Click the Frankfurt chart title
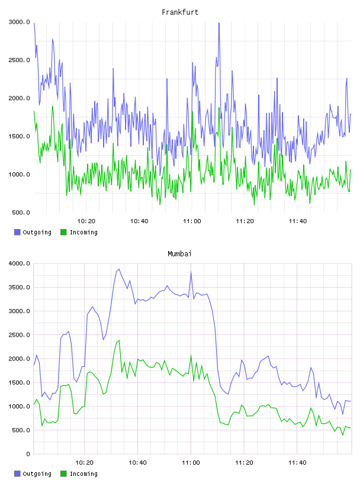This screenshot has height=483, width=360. pyautogui.click(x=180, y=12)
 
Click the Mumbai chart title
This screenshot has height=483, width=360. pyautogui.click(x=179, y=254)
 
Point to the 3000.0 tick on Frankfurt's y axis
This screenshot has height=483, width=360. pyautogui.click(x=20, y=22)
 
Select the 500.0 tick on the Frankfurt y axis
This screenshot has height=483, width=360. pyautogui.click(x=21, y=212)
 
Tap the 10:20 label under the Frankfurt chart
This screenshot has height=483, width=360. pyautogui.click(x=86, y=221)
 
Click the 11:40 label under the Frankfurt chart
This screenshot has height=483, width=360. pyautogui.click(x=298, y=221)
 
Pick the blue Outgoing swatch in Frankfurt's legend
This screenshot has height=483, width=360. pyautogui.click(x=17, y=232)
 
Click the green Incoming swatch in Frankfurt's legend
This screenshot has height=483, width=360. pyautogui.click(x=63, y=232)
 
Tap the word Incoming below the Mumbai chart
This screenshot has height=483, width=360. pyautogui.click(x=83, y=474)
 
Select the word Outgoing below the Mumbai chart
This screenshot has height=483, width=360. pyautogui.click(x=37, y=474)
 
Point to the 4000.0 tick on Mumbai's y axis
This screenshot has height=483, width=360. pyautogui.click(x=20, y=263)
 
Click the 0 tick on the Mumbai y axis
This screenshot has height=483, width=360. pyautogui.click(x=28, y=454)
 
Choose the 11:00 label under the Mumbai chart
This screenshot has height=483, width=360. pyautogui.click(x=191, y=463)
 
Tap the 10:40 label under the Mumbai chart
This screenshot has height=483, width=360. pyautogui.click(x=137, y=463)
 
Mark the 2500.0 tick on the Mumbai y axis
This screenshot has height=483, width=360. pyautogui.click(x=20, y=335)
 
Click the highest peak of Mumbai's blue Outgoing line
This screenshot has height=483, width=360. pyautogui.click(x=119, y=269)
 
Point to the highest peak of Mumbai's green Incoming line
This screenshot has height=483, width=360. pyautogui.click(x=119, y=340)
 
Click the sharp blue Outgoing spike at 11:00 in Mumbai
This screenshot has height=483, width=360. pyautogui.click(x=191, y=272)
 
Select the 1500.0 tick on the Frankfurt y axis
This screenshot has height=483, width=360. pyautogui.click(x=20, y=137)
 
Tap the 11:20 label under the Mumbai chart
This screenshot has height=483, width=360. pyautogui.click(x=244, y=463)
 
